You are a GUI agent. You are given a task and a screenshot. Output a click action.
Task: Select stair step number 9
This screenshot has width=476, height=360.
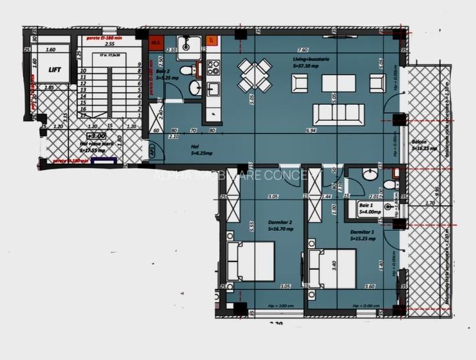[138, 65]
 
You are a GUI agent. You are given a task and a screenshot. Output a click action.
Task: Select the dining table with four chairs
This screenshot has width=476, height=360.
[255, 75]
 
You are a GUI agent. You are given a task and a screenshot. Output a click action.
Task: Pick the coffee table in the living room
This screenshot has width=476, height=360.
[338, 83]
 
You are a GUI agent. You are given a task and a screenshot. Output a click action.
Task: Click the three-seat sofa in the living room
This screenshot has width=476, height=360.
[338, 114]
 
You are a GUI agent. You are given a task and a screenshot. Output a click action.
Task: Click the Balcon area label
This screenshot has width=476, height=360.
[424, 145]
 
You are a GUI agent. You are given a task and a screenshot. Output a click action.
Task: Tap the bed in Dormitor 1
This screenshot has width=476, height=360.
[331, 267]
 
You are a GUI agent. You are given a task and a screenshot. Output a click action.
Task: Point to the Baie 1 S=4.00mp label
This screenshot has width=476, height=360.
[370, 208]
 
